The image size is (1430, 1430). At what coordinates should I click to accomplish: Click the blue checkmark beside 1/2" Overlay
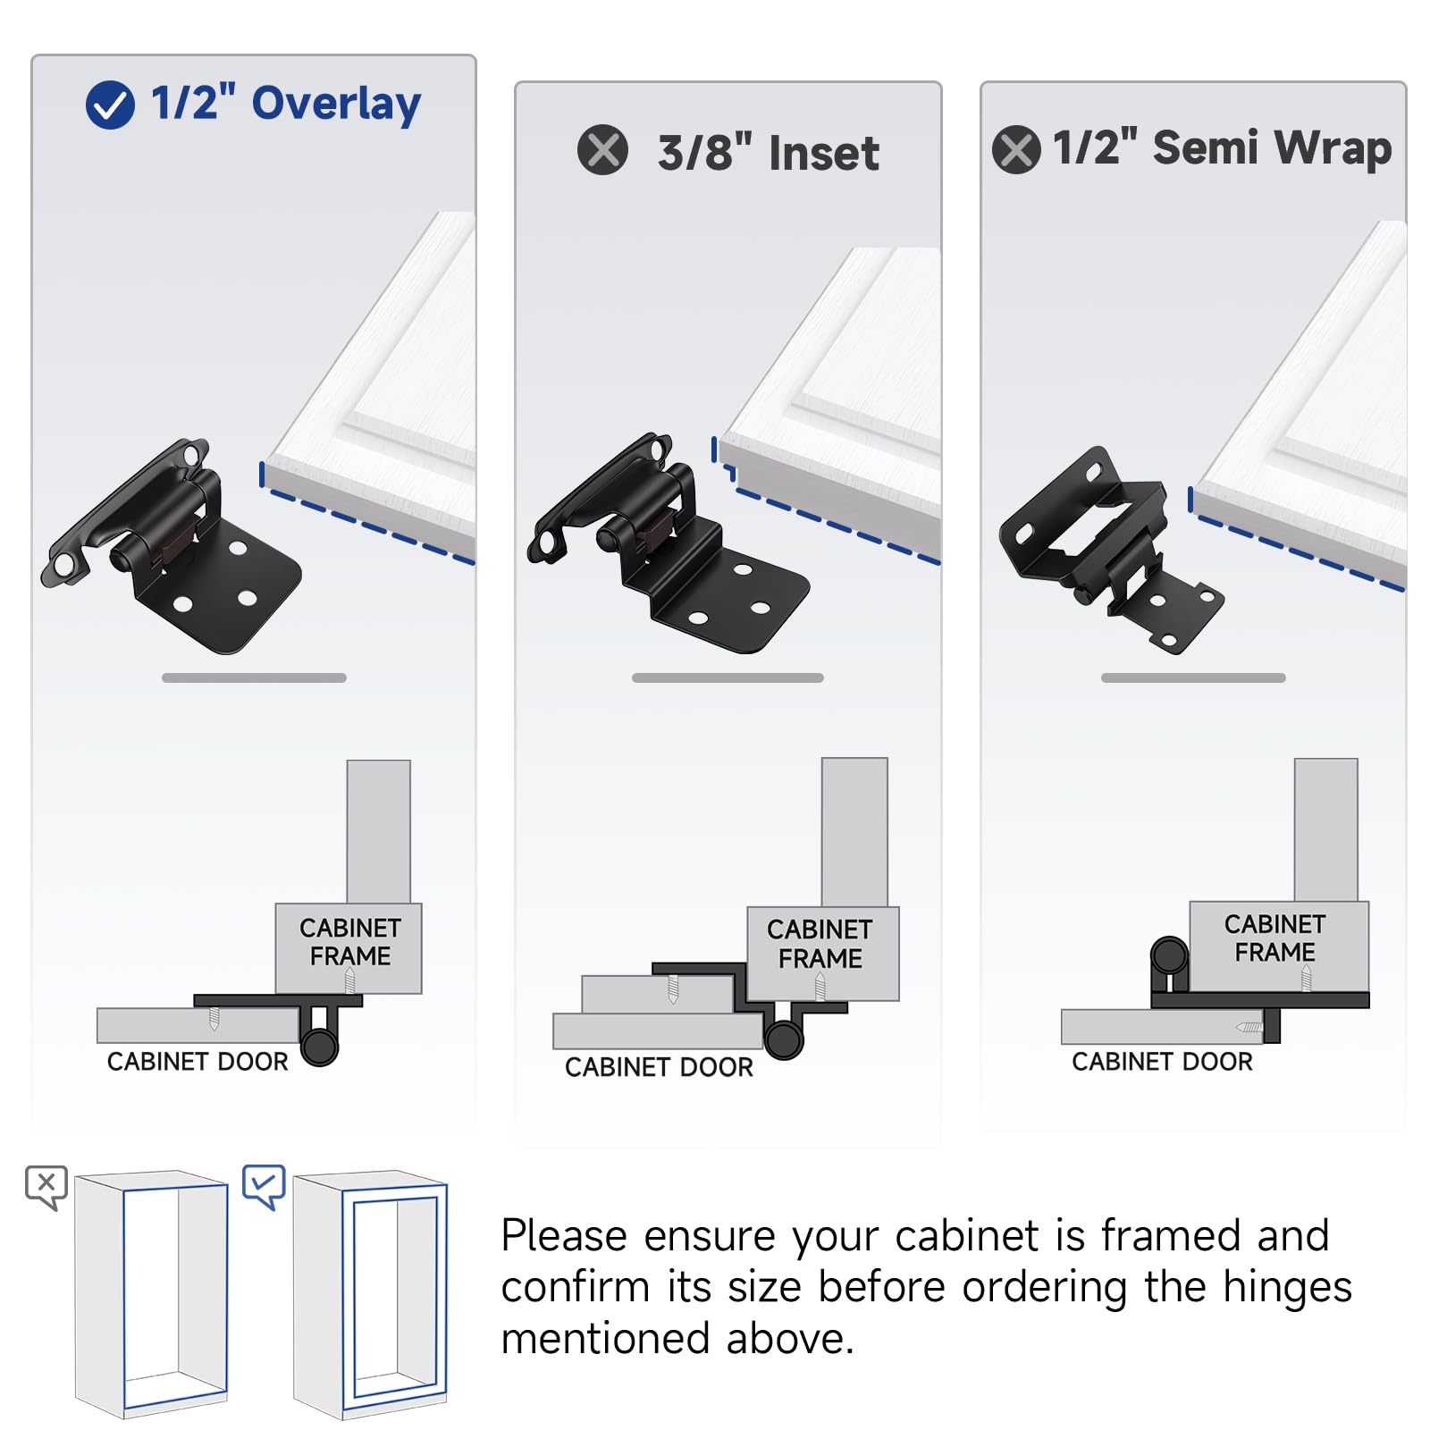tap(110, 105)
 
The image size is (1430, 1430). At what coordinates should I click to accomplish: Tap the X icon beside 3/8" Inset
tap(602, 149)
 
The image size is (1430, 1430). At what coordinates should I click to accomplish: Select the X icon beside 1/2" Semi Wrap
tap(1016, 149)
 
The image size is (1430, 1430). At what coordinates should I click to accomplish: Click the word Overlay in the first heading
tap(336, 105)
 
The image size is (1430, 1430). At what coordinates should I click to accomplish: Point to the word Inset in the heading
tap(823, 153)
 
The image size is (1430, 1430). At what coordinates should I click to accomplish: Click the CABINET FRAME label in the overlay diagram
tap(349, 942)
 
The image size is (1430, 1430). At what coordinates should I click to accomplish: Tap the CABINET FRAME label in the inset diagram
tap(820, 944)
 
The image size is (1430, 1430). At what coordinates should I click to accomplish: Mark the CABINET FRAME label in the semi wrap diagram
tap(1274, 938)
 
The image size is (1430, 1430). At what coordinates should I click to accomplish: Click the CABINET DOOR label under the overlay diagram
tap(198, 1062)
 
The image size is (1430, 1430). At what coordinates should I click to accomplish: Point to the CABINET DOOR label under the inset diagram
tap(659, 1067)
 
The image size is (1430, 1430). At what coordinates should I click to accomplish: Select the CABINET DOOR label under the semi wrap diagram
tap(1162, 1062)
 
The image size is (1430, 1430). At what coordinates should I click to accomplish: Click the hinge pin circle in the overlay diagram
tap(319, 1046)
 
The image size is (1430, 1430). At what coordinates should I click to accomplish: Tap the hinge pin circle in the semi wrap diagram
tap(1169, 955)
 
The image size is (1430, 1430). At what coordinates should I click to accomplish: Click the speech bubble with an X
tap(46, 1187)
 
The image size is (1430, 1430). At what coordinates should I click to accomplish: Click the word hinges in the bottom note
tap(1287, 1288)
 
